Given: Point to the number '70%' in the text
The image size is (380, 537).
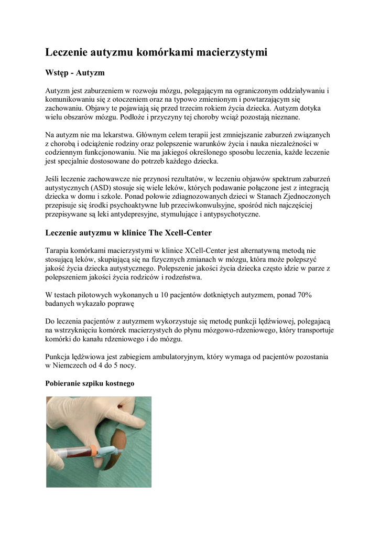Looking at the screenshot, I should [x=305, y=295].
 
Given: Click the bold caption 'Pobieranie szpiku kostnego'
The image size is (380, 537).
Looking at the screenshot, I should [x=90, y=383].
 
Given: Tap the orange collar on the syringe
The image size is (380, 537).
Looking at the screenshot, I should [x=93, y=449].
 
